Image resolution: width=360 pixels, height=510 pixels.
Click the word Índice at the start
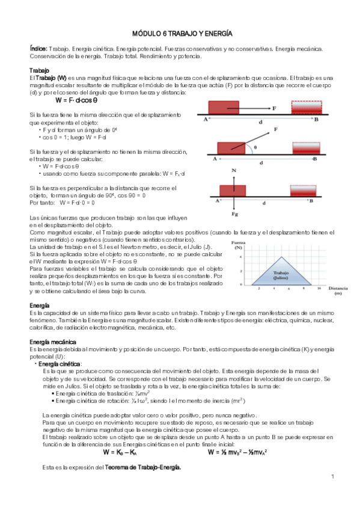pyautogui.click(x=39, y=48)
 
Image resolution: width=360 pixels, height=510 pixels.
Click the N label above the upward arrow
pyautogui.click(x=234, y=171)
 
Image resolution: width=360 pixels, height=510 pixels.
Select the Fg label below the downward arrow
pyautogui.click(x=234, y=213)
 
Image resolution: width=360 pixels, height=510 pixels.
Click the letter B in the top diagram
pyautogui.click(x=316, y=120)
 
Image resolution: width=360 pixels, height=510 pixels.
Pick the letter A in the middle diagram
pyautogui.click(x=215, y=159)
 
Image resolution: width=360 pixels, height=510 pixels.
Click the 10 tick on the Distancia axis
pyautogui.click(x=320, y=289)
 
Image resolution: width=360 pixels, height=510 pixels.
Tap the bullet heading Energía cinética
pyautogui.click(x=60, y=364)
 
